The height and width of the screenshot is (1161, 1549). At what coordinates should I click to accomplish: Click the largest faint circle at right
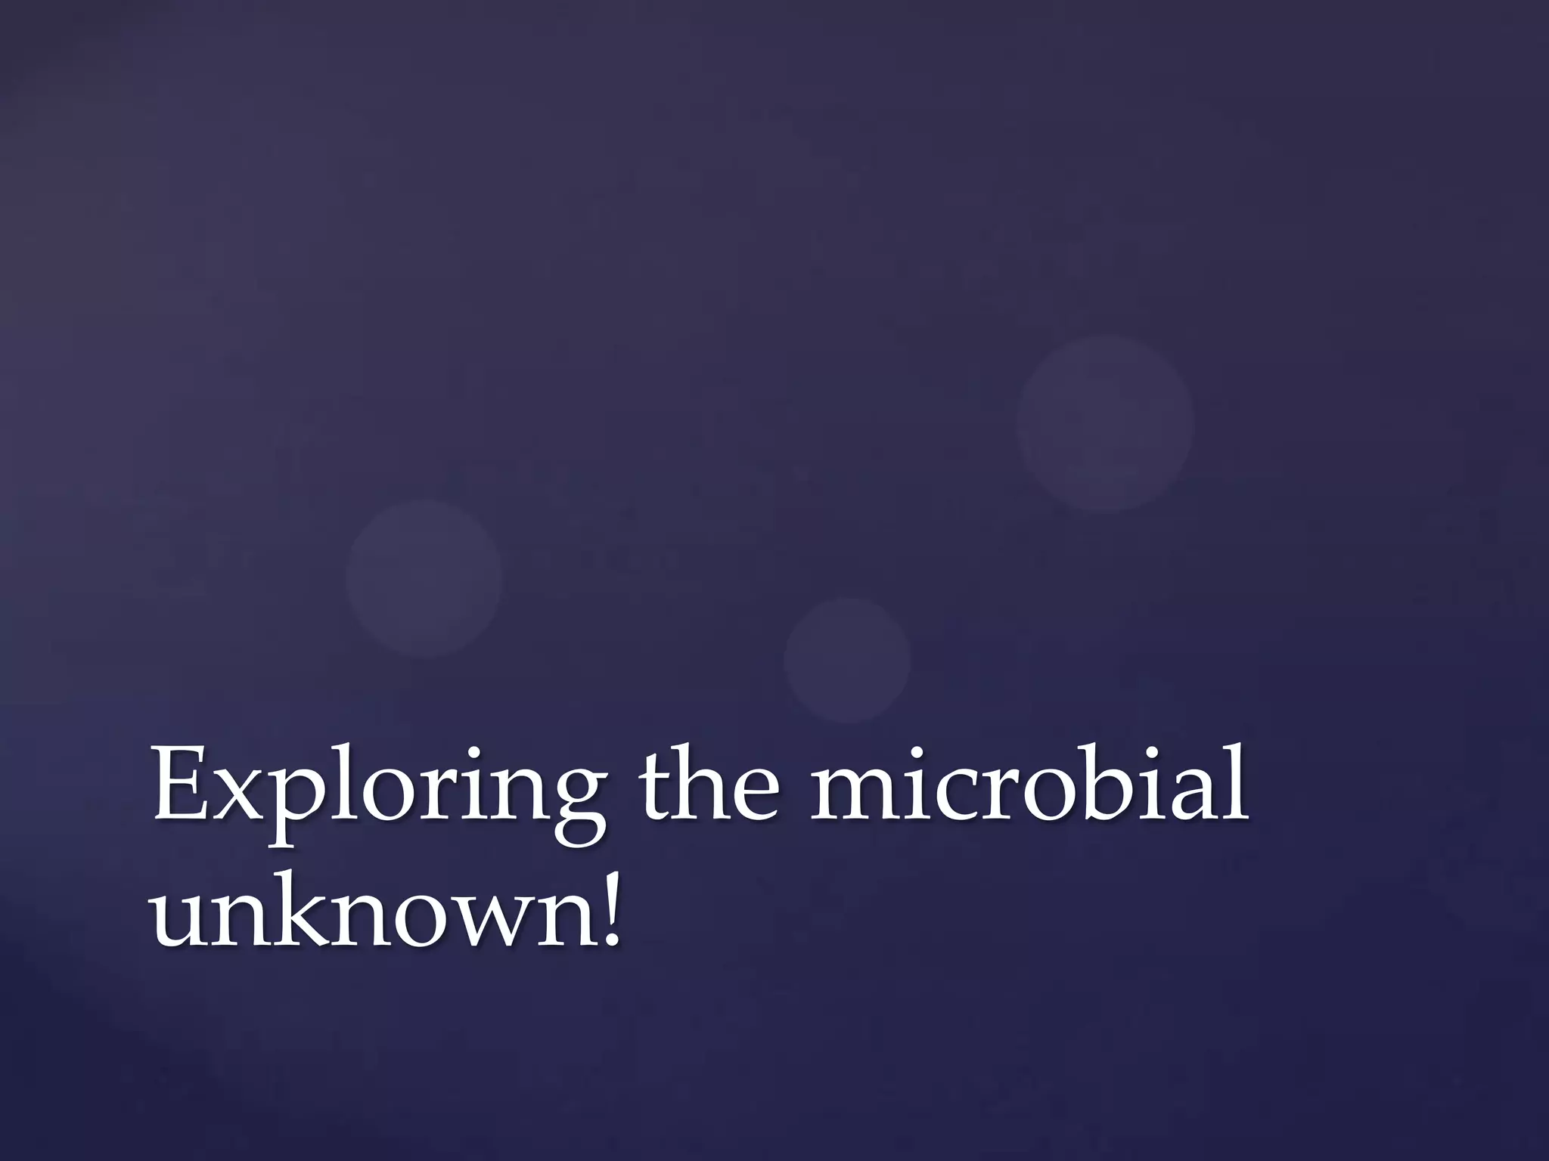click(x=1105, y=424)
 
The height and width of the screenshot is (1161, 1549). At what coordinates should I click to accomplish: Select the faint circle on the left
click(x=424, y=578)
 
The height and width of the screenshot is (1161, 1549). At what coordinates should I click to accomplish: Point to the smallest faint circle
click(x=847, y=660)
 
